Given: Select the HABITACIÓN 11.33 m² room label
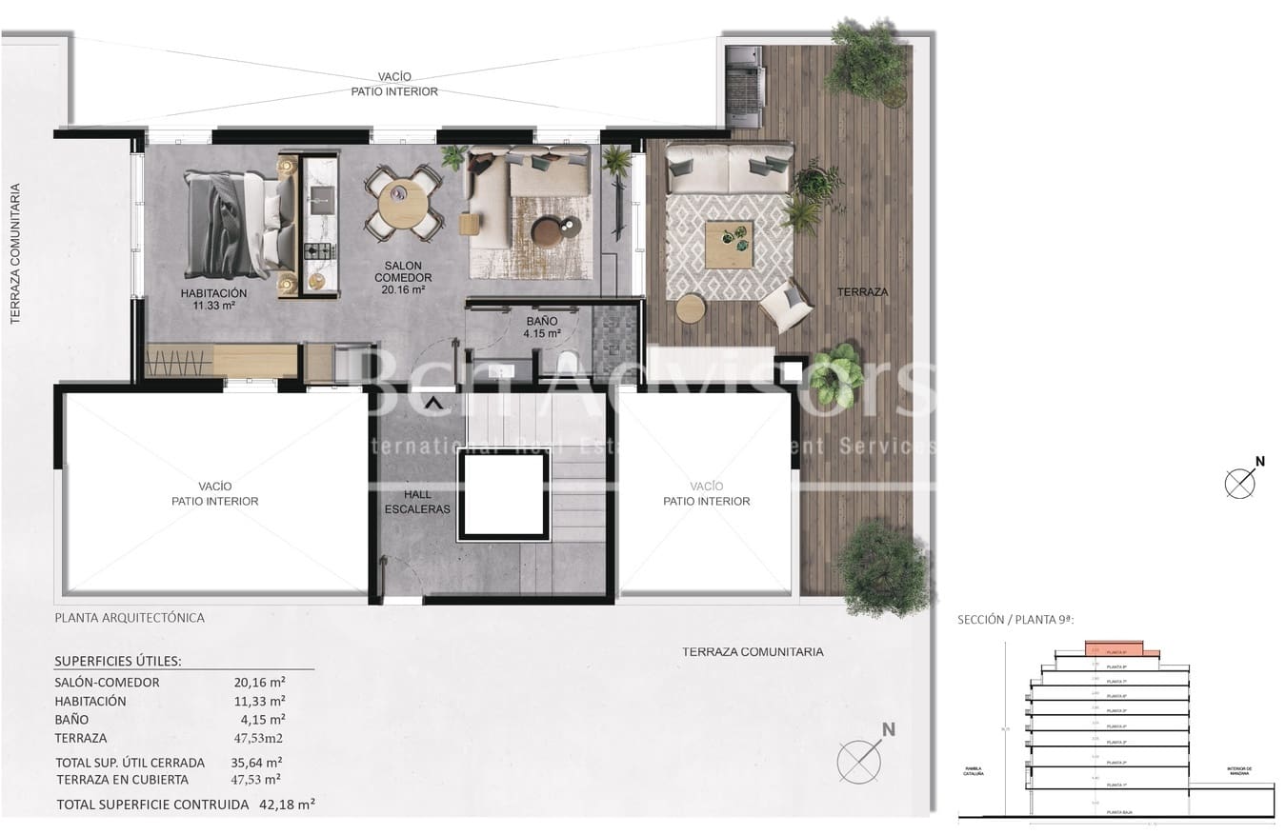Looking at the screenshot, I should pos(213,299).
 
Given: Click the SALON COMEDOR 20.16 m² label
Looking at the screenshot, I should pos(403,277).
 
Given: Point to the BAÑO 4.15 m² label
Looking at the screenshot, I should pos(543,328).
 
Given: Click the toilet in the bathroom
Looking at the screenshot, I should pos(568,362).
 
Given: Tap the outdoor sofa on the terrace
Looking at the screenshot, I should pos(729,168).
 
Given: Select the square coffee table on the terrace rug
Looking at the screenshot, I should pos(729,245).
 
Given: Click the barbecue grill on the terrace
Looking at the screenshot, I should pos(743,86).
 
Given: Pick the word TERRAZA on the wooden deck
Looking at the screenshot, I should pos(862,292).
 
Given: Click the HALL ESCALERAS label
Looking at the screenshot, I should pos(417,502).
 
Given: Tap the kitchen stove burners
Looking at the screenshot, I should pos(318,251).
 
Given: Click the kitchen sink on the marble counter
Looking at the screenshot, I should pos(319,196).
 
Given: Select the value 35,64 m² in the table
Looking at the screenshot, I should pos(262,762).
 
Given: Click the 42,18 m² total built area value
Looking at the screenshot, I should pos(287,804).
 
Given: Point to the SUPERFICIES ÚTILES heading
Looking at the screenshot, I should pos(118,661).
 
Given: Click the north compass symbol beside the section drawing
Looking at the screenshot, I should pos(1241,482).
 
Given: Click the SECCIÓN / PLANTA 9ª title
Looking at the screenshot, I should pos(1015,620).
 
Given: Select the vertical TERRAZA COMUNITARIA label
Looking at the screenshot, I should pos(15,254).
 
